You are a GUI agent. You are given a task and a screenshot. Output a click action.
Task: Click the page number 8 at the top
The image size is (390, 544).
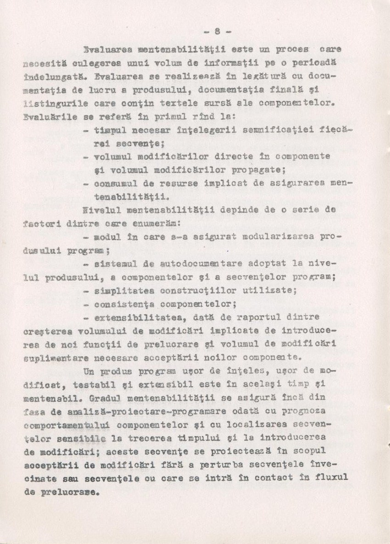(217, 31)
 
